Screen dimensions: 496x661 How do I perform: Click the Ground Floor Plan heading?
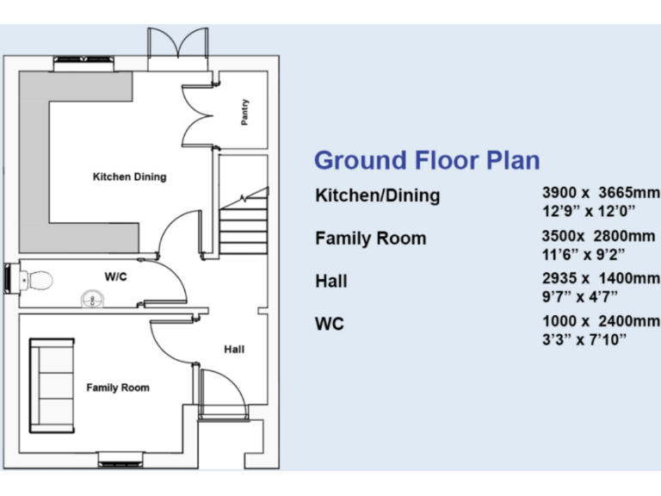(x=427, y=160)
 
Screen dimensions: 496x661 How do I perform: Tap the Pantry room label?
(x=245, y=113)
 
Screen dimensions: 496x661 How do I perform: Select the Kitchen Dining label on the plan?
(x=129, y=177)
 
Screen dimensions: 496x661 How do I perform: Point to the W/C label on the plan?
(x=116, y=276)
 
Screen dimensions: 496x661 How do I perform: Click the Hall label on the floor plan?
(x=234, y=349)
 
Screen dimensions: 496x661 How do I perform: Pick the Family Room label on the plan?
(x=117, y=387)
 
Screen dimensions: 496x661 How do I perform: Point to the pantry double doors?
(x=196, y=116)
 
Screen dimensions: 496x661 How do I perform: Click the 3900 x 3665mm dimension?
(x=596, y=193)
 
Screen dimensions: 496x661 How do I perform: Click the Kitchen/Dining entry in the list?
(x=378, y=195)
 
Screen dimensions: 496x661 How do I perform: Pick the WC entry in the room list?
(x=330, y=324)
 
